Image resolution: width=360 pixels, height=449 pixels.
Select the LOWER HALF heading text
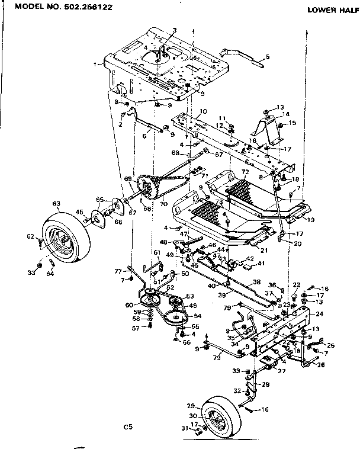coord(330,10)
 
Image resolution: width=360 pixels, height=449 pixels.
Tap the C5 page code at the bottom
coord(128,426)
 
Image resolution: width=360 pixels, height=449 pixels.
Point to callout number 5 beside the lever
coord(268,57)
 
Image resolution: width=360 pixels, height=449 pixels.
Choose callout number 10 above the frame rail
coord(203,111)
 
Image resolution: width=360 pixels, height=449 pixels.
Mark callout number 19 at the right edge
coord(311,219)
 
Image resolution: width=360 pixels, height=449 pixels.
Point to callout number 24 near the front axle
coord(319,314)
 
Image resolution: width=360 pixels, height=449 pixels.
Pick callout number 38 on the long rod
coord(257,283)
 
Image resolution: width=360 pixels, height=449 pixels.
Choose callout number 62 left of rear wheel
coord(31,237)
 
